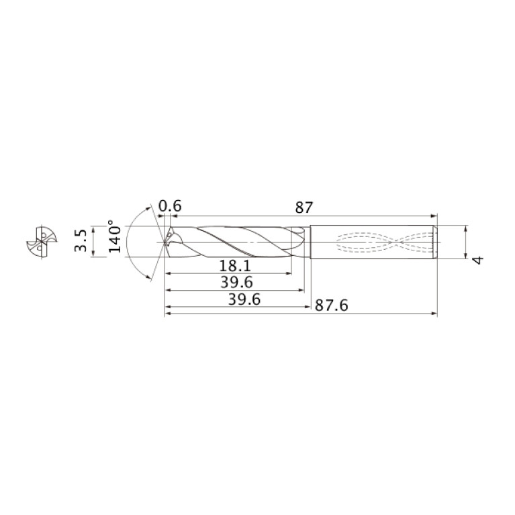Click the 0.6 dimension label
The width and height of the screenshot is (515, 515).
click(x=170, y=206)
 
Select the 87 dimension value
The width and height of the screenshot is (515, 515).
click(x=304, y=207)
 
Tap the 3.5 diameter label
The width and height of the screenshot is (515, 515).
click(x=81, y=241)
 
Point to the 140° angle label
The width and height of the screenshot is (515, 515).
click(x=115, y=236)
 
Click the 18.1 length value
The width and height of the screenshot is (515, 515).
click(x=235, y=266)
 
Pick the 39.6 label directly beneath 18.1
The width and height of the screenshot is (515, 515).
click(x=236, y=283)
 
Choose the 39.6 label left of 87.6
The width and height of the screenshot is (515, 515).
click(x=244, y=299)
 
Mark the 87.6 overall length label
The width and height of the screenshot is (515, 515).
click(x=332, y=306)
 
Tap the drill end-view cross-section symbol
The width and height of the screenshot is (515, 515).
click(x=42, y=242)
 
